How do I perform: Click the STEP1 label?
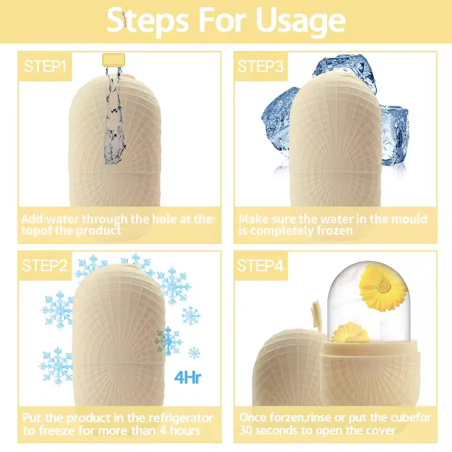(x=45, y=66)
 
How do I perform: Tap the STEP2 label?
(x=45, y=266)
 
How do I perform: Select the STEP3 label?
(x=260, y=66)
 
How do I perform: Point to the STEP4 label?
(x=260, y=266)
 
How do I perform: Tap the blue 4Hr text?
(x=187, y=378)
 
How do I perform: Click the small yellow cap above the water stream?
(x=113, y=59)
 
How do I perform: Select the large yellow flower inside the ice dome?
(x=382, y=287)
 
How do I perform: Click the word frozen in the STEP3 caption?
(x=330, y=231)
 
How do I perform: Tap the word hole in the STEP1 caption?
(x=161, y=219)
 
